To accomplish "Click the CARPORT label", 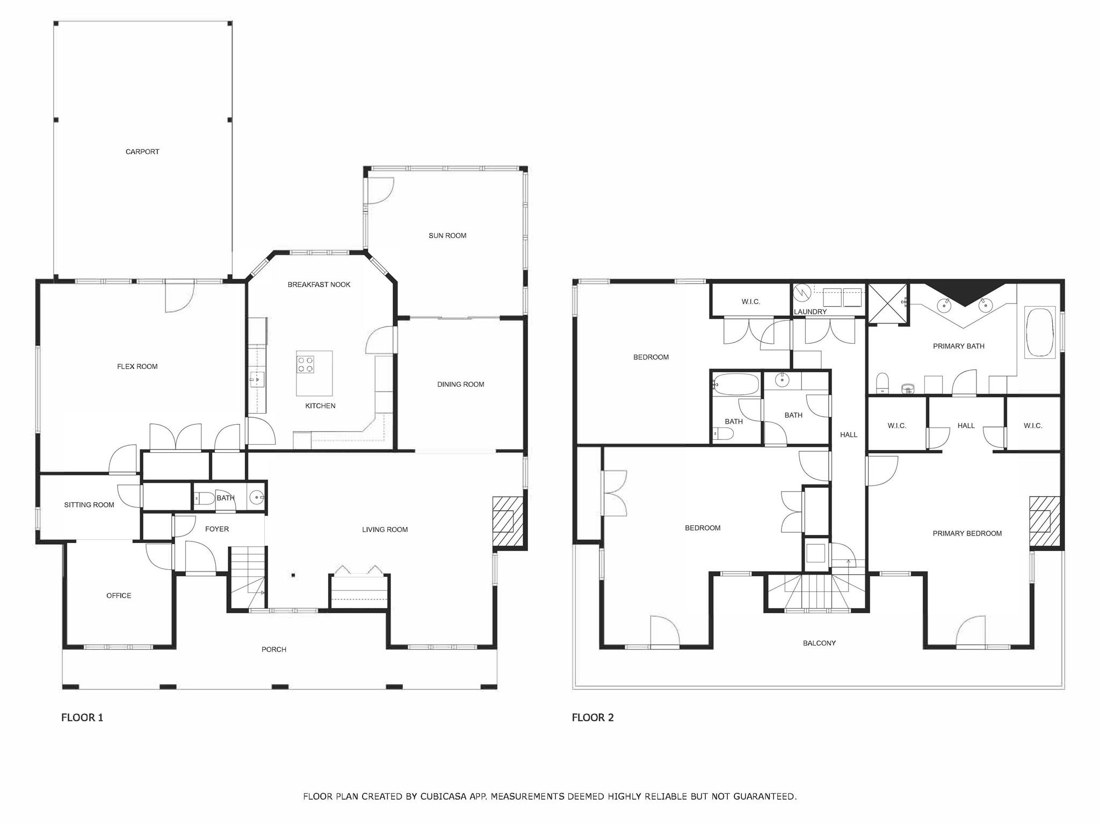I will click(x=142, y=152).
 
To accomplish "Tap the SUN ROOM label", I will click(x=447, y=236).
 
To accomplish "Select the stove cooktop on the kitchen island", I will click(x=306, y=365).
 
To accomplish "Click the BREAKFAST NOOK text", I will click(x=319, y=285).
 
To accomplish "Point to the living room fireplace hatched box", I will click(x=508, y=521).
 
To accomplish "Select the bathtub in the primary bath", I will click(x=1041, y=332).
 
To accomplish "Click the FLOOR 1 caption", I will click(x=82, y=718).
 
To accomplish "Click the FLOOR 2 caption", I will click(x=592, y=718).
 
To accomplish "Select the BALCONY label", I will click(x=819, y=643).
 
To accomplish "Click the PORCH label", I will click(x=274, y=650).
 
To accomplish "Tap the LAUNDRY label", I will click(x=810, y=312).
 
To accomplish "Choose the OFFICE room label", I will click(x=119, y=596).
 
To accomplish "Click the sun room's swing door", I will click(x=380, y=191).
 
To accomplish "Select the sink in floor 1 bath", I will click(x=257, y=498).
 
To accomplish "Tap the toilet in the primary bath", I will click(x=882, y=383).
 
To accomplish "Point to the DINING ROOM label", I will click(x=460, y=385).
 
